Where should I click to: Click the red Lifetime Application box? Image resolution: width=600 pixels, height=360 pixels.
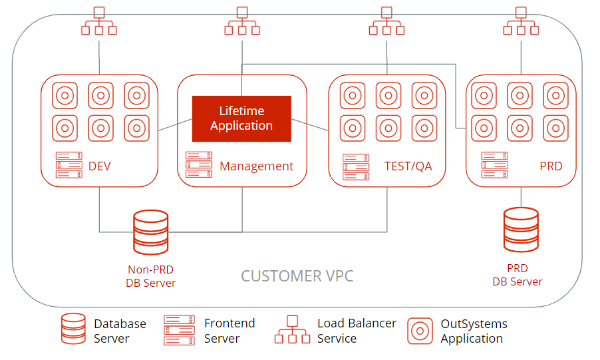(241, 118)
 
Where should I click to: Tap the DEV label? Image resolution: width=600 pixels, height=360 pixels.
(99, 166)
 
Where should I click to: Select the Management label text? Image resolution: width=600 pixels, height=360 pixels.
(256, 166)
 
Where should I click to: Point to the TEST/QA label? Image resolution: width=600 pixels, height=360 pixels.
(408, 166)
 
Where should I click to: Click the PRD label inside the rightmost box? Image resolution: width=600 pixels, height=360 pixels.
(551, 166)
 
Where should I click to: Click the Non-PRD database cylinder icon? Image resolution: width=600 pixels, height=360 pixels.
(151, 232)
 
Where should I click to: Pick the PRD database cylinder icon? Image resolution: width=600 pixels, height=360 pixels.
(521, 230)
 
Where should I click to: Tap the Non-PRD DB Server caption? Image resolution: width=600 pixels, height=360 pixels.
(151, 276)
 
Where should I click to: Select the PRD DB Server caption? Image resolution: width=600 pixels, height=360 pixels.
(518, 275)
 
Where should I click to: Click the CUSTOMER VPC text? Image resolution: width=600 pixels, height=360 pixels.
(297, 275)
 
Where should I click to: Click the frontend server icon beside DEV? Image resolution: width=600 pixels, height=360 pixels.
(69, 165)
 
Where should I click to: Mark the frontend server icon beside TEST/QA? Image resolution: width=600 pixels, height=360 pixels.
(356, 167)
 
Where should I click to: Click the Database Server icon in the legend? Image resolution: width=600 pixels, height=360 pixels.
(73, 329)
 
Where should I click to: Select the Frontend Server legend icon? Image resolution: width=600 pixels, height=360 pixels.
(180, 330)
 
